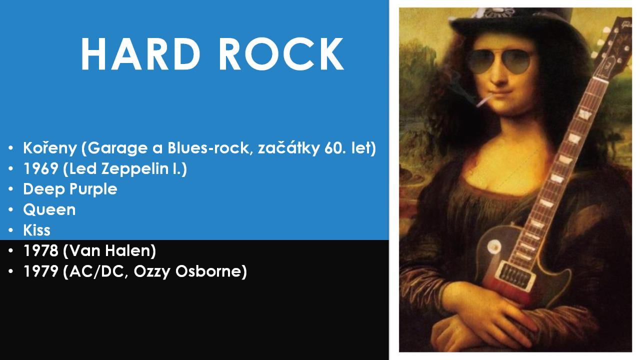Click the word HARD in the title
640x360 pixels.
140,54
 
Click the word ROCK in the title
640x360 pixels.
281,54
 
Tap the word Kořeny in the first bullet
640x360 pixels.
50,148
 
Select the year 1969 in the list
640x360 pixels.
41,168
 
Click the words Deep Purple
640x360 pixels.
70,189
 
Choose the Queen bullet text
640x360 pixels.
49,210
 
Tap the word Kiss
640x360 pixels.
37,230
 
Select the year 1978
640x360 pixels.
41,250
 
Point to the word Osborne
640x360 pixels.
208,271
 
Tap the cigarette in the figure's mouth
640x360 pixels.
484,101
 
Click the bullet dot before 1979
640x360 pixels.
11,271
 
